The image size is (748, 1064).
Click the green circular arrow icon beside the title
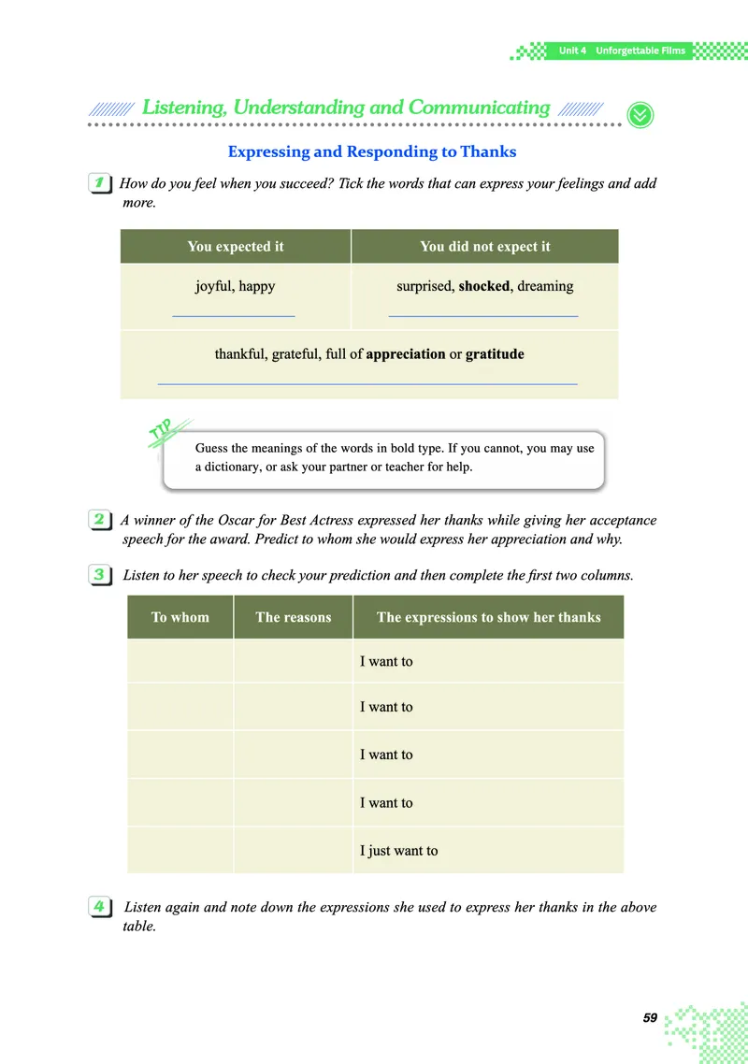point(640,114)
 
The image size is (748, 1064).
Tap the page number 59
point(651,1017)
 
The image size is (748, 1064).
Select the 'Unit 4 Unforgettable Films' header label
point(622,50)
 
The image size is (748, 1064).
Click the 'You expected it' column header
point(236,247)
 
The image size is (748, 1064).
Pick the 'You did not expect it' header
point(485,247)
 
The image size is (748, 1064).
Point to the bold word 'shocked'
point(484,286)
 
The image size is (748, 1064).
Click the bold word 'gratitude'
point(495,354)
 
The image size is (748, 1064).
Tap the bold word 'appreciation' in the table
point(406,354)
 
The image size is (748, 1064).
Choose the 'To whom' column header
point(180,617)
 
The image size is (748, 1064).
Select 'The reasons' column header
point(294,617)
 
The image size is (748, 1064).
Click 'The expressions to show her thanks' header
point(488,617)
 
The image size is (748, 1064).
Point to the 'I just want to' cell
point(399,851)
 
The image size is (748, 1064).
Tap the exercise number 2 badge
point(99,520)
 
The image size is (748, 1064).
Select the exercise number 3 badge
point(99,575)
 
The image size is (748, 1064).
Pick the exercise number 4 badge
point(99,906)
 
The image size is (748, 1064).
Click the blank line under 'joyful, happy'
point(234,316)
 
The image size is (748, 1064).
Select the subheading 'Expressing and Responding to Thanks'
point(372,151)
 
